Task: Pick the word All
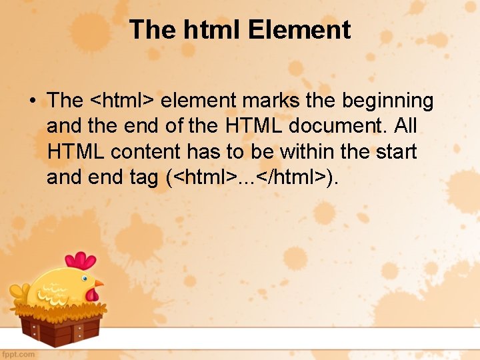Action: pyautogui.click(x=403, y=126)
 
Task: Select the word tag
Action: pyautogui.click(x=141, y=177)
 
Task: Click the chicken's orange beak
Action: pyautogui.click(x=99, y=285)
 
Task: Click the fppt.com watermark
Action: pyautogui.click(x=19, y=354)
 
